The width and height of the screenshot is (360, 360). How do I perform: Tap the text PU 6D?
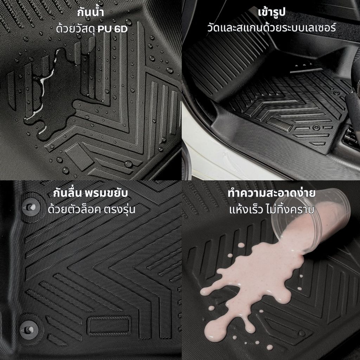[x=112, y=29]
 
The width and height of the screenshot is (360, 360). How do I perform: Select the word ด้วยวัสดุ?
[x=76, y=28]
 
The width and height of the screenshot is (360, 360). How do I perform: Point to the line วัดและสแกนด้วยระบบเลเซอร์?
[x=272, y=28]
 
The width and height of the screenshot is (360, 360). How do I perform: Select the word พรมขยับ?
[x=106, y=193]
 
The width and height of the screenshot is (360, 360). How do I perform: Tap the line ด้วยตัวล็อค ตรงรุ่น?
[x=91, y=209]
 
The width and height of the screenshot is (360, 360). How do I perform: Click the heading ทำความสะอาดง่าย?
[x=271, y=193]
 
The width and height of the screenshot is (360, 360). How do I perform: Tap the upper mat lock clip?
[x=31, y=207]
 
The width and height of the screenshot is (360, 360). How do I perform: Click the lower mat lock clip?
[x=29, y=330]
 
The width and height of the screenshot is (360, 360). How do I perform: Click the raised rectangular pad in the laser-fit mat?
[x=279, y=124]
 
